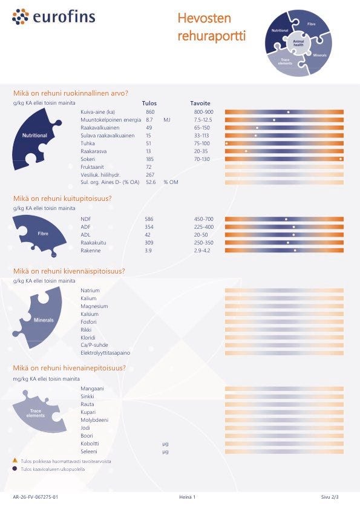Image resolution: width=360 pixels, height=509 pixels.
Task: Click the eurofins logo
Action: [54, 16]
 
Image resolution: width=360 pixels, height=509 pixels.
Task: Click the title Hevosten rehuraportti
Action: [211, 27]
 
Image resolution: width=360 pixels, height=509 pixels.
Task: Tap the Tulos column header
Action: [149, 103]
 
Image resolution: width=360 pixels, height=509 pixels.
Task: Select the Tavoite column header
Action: [200, 103]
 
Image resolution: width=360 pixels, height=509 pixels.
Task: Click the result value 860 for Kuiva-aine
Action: [150, 112]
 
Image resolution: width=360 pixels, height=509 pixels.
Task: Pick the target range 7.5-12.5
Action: [203, 120]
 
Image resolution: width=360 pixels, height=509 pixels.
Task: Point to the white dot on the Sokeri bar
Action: [341, 159]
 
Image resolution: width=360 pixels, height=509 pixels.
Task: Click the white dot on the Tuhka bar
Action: [226, 143]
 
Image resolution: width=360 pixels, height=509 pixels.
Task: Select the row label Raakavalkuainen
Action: [100, 128]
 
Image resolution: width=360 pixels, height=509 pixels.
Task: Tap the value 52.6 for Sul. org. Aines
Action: [151, 182]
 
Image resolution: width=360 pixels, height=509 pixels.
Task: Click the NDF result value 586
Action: [149, 219]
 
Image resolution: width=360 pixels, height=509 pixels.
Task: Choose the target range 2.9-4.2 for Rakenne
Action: [202, 251]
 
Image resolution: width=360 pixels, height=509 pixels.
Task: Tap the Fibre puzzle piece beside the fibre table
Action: [41, 234]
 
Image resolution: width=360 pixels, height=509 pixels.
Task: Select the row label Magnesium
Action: [94, 306]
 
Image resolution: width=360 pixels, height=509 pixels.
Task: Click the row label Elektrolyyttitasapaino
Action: [105, 353]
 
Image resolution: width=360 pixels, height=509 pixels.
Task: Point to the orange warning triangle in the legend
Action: [15, 461]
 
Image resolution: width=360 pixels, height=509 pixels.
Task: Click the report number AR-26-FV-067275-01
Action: [35, 497]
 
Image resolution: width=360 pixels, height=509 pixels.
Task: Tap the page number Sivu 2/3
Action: [330, 497]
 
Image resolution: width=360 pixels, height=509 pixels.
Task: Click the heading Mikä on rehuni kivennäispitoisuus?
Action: [69, 271]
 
